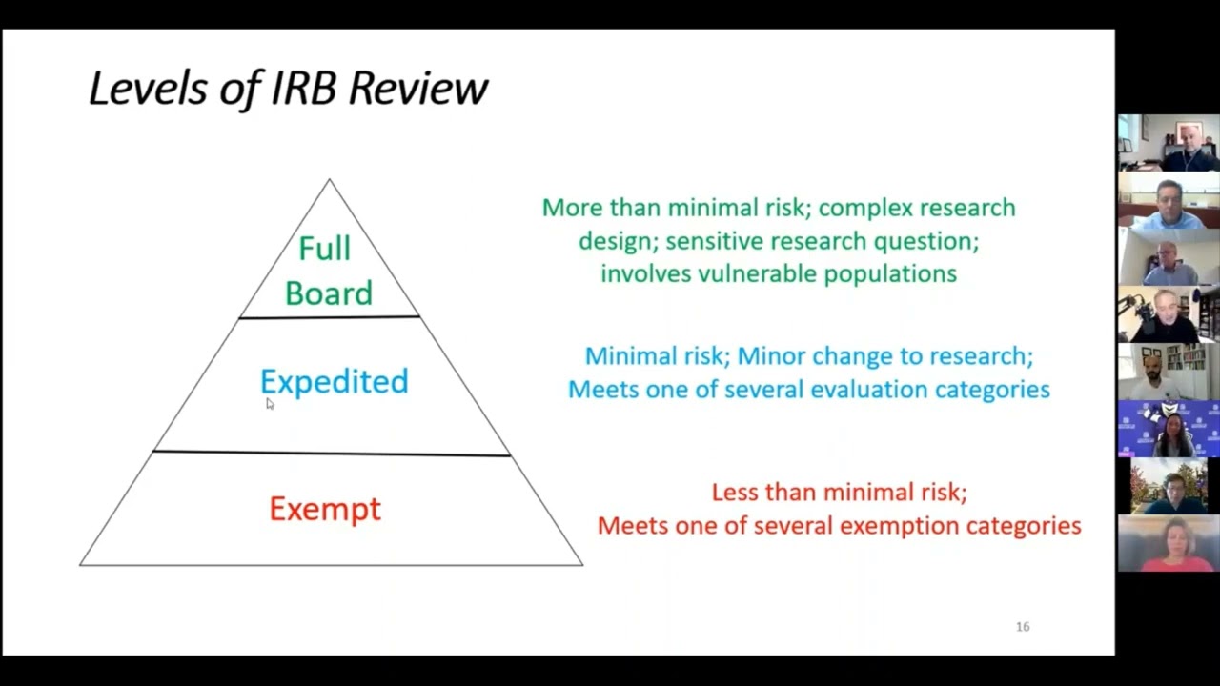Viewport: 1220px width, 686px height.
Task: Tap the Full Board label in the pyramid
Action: (x=328, y=271)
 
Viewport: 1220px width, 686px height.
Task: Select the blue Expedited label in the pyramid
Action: (x=334, y=382)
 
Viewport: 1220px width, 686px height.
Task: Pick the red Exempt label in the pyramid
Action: (x=325, y=509)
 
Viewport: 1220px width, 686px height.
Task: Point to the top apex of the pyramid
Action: (x=330, y=180)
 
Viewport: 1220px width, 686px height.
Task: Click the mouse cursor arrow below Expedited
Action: (x=270, y=404)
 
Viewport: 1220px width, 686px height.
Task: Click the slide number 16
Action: (x=1023, y=627)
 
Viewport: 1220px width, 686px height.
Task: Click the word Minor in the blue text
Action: (x=771, y=356)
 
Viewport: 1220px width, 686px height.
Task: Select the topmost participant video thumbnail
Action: (x=1169, y=143)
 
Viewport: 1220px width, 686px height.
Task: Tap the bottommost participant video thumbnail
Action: (x=1169, y=543)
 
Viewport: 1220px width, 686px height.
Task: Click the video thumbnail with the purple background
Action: (x=1169, y=429)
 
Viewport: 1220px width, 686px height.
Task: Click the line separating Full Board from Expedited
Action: (x=329, y=317)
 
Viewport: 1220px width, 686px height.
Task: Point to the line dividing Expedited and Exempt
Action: (x=332, y=454)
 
